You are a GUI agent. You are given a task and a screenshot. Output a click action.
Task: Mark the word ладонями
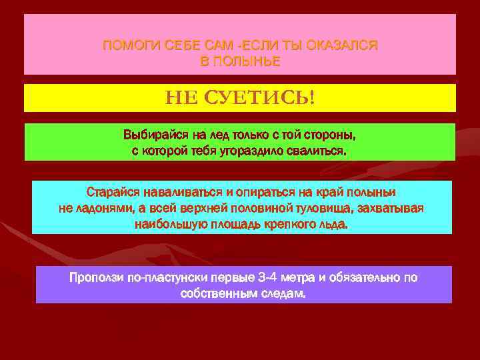tap(108, 209)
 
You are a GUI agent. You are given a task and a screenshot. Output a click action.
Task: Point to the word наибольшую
tap(165, 225)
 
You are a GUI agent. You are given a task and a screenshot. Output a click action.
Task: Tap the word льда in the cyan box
tap(335, 225)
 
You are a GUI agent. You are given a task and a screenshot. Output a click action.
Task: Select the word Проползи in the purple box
tap(97, 277)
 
